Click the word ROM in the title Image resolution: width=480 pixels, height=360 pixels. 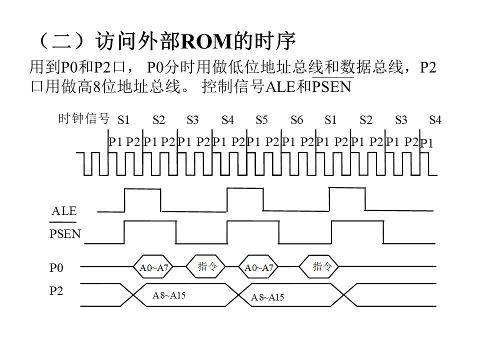206,41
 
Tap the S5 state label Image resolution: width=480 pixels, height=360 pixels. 261,119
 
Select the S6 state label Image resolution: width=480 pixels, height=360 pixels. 296,119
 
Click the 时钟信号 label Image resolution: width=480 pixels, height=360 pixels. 84,118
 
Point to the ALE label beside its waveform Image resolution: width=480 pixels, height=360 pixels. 64,211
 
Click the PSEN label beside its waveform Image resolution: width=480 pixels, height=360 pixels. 65,234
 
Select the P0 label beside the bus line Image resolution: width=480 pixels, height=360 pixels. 56,268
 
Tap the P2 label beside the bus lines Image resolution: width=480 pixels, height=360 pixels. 56,291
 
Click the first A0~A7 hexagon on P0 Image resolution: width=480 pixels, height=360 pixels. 153,266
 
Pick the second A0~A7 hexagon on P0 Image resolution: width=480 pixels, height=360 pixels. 258,266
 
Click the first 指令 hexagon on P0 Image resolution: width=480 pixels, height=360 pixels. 205,266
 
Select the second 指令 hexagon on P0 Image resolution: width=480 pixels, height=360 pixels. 318,266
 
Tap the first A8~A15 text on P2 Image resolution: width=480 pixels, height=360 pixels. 169,295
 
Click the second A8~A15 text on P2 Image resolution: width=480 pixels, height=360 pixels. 267,297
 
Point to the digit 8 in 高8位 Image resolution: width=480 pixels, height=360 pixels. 97,86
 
